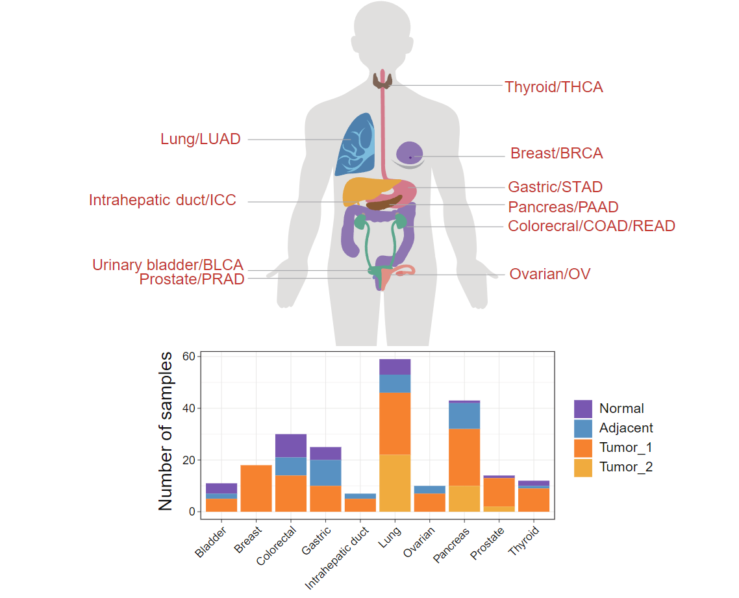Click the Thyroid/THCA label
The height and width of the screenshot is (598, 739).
coord(554,87)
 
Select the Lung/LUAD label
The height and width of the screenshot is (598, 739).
coord(200,139)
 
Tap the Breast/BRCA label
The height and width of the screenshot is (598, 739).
coord(557,153)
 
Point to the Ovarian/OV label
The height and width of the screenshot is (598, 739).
coord(549,274)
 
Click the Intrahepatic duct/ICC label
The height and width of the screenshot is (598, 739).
coord(162,200)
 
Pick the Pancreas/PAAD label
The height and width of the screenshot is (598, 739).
coord(563,207)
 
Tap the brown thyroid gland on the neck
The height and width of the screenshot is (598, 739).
coord(382,81)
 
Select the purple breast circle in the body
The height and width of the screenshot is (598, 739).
coord(410,153)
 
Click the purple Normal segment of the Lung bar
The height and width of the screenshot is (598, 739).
coord(395,367)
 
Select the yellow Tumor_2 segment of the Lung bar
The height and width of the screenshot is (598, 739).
coord(395,483)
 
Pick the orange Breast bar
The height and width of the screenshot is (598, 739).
coord(256,488)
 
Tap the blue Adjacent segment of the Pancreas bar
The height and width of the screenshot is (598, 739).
coord(464,416)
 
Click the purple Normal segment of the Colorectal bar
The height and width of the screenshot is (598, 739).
coord(291,446)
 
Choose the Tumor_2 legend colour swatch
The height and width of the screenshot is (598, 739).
coord(583,467)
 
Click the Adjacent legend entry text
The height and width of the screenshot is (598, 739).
coord(626,428)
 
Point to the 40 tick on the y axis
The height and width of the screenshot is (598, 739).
coord(188,408)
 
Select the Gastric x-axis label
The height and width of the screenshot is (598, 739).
coord(316,540)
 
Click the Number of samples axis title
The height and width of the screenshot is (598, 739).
coord(166,431)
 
